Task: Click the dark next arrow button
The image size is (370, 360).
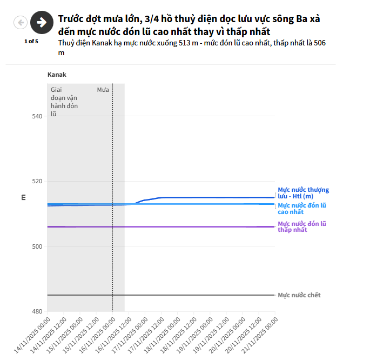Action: [x=41, y=22]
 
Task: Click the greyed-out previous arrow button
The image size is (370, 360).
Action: [x=21, y=23]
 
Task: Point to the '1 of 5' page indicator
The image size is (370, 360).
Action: [x=31, y=41]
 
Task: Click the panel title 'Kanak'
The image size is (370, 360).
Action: [x=57, y=75]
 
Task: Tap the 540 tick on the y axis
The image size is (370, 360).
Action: [x=37, y=116]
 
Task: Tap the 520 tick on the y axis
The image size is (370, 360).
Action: [x=37, y=182]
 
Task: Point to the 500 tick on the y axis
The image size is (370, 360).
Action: [x=37, y=246]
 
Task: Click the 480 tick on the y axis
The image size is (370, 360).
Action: [x=37, y=312]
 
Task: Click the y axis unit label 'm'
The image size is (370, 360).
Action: [x=23, y=197]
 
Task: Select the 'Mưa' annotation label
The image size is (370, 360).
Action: [x=103, y=89]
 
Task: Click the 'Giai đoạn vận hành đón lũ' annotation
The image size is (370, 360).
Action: [x=64, y=102]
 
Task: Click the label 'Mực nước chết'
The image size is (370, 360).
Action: [x=299, y=295]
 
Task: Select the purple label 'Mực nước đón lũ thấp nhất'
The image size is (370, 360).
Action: [x=302, y=226]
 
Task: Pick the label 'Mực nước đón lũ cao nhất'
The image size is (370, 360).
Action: [x=302, y=209]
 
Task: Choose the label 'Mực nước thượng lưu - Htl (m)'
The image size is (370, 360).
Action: [x=303, y=193]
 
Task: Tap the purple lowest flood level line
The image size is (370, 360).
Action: [x=189, y=226]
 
